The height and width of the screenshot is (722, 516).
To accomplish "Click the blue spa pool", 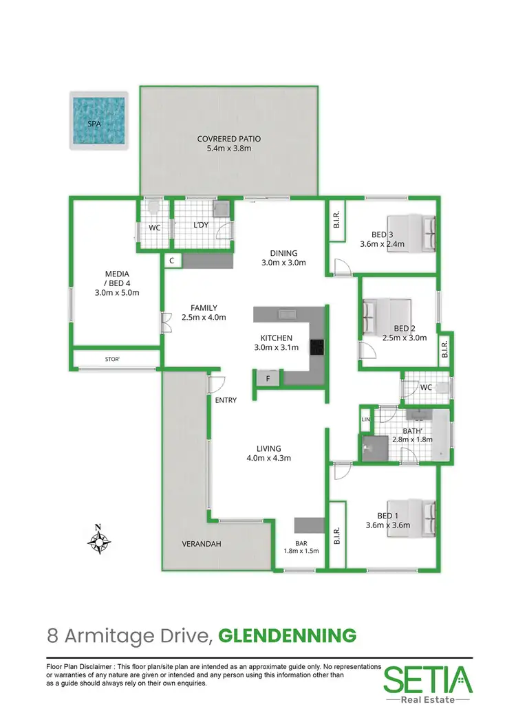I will (x=99, y=120).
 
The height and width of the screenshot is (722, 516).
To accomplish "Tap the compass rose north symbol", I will (x=99, y=540).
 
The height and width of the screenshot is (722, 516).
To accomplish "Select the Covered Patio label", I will (x=229, y=143).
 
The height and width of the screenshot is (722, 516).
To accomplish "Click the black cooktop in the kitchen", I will (x=317, y=348).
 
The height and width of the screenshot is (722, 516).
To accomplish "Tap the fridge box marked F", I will (x=268, y=378).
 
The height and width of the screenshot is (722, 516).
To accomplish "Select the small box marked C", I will (x=172, y=260).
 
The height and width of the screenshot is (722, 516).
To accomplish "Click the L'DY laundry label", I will (x=200, y=225).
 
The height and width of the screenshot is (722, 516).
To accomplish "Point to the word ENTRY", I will (x=226, y=400).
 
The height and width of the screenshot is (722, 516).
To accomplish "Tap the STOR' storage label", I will (x=112, y=359).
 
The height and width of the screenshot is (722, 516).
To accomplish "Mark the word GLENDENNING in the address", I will (x=287, y=636).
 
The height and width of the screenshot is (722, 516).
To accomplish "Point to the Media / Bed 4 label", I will (x=116, y=283).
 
